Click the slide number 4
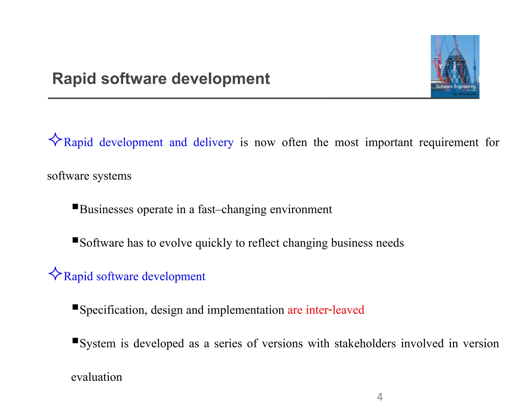pos(379,397)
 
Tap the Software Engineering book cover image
pos(455,66)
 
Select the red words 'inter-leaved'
pos(335,310)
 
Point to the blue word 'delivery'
pos(213,142)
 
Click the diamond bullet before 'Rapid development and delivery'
pos(55,140)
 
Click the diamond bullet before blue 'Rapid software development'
pos(55,273)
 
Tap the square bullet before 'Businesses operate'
pos(75,206)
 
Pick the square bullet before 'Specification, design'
pos(75,307)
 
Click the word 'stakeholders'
pos(365,343)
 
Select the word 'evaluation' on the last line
pos(96,377)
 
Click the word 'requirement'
pos(449,142)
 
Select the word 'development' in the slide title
pos(220,78)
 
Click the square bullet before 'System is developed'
pos(75,341)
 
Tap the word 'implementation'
pos(245,310)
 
